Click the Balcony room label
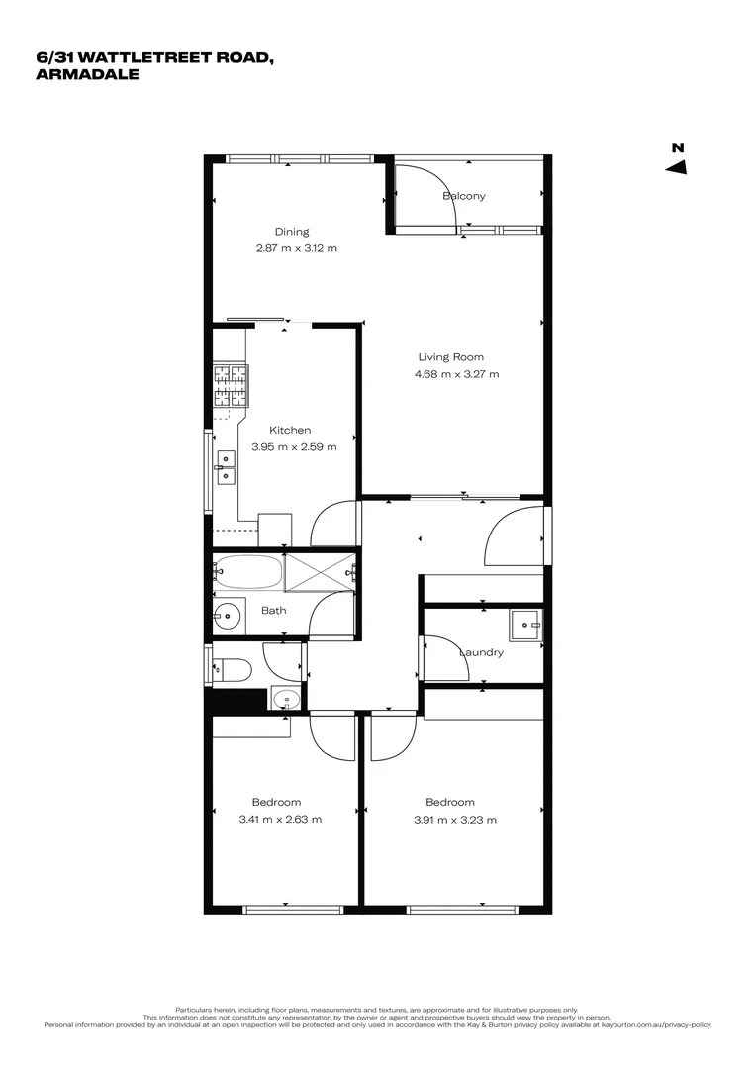[464, 196]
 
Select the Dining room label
[292, 232]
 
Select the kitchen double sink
[227, 466]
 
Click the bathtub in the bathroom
[248, 571]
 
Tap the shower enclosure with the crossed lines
[320, 571]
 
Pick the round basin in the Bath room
[230, 616]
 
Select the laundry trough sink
[525, 623]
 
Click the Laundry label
[482, 652]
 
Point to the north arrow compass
[677, 161]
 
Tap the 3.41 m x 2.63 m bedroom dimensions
[280, 819]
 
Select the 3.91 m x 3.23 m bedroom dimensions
[454, 819]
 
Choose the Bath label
[274, 610]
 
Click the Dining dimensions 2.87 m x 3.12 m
[296, 248]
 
